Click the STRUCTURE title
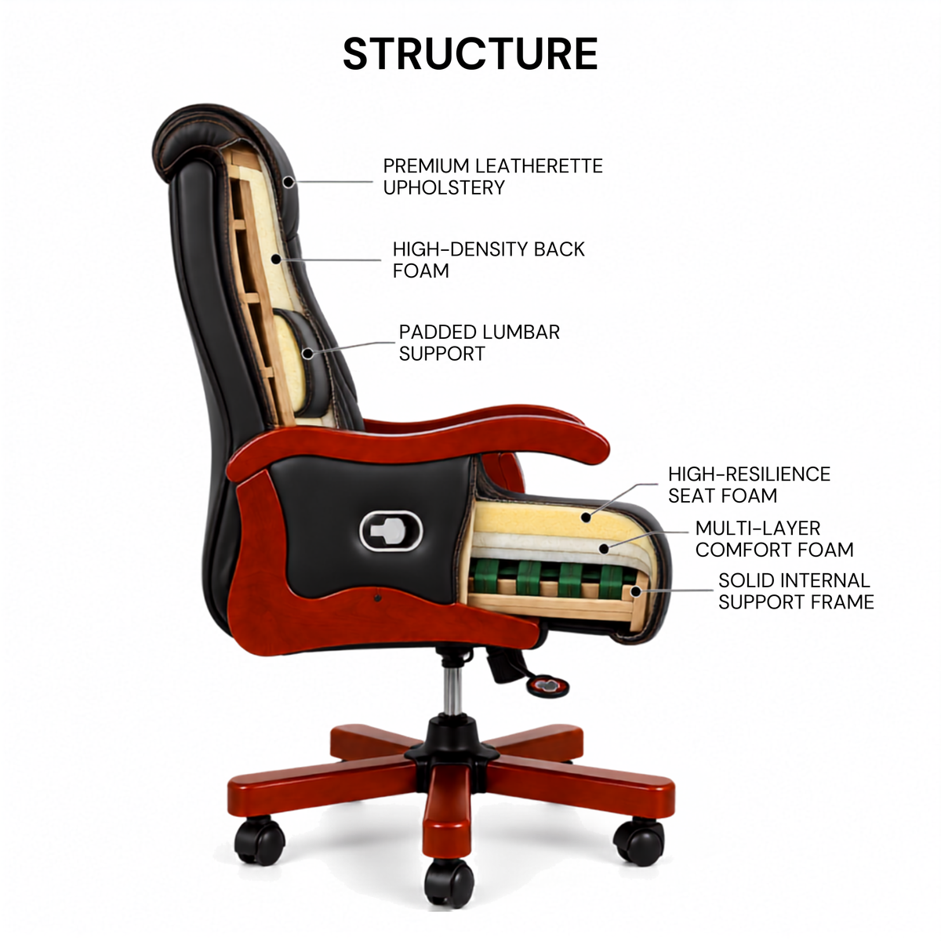tap(470, 54)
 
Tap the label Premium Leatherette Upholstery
tap(492, 176)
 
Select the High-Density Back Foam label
tap(489, 260)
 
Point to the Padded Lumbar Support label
tap(479, 343)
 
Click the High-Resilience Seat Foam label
tap(749, 485)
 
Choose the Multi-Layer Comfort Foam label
tap(775, 539)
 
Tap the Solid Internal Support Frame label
tap(796, 591)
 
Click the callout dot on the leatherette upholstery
tap(289, 182)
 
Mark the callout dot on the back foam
tap(276, 260)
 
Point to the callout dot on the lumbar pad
tap(307, 353)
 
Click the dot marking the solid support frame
tap(635, 592)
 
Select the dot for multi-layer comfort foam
tap(604, 549)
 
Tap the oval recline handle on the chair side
tap(391, 532)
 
